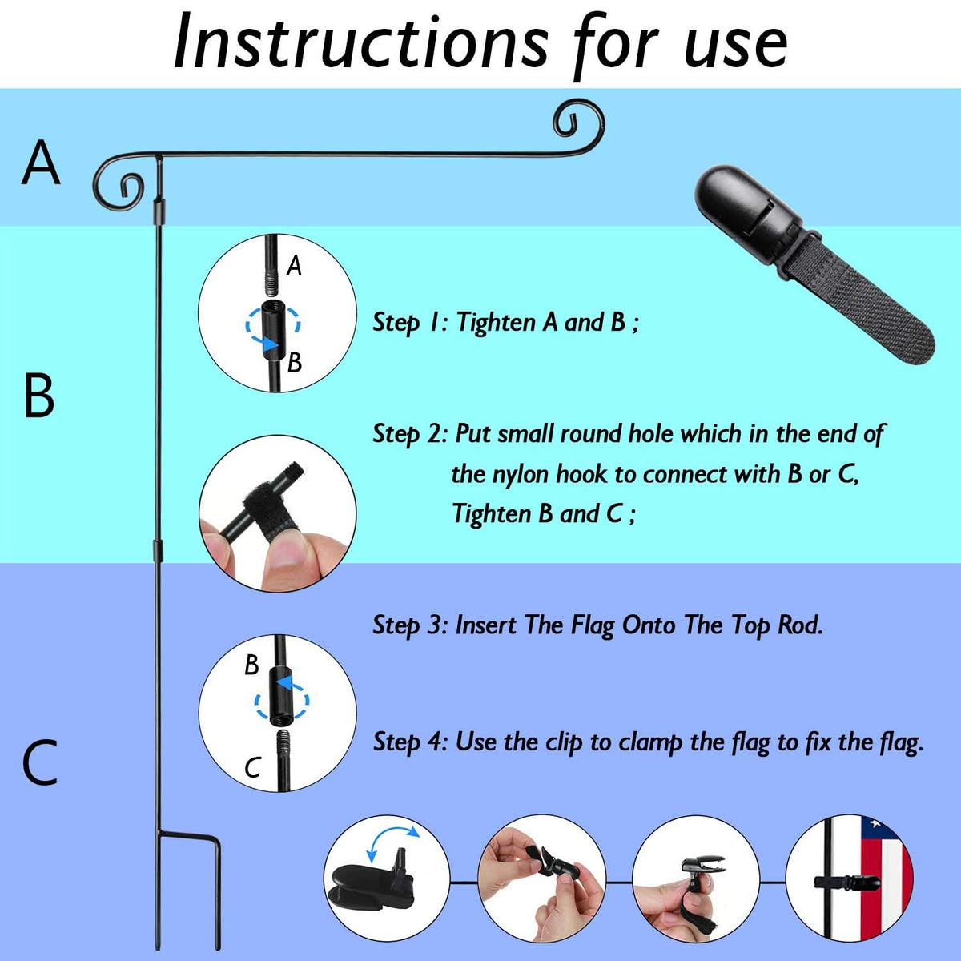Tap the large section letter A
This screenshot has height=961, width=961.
coord(41,163)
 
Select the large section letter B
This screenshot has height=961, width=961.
coord(39,396)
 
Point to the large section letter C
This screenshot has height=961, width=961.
coord(40,762)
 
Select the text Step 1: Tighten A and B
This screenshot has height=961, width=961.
coord(505,322)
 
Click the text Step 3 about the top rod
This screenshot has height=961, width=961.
coord(597,625)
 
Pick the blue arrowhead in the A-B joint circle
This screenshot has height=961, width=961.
coord(270,344)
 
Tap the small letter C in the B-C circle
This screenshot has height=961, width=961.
coord(253,767)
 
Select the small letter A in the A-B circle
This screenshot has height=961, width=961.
coord(294,266)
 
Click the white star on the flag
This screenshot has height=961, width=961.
coord(876,824)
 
